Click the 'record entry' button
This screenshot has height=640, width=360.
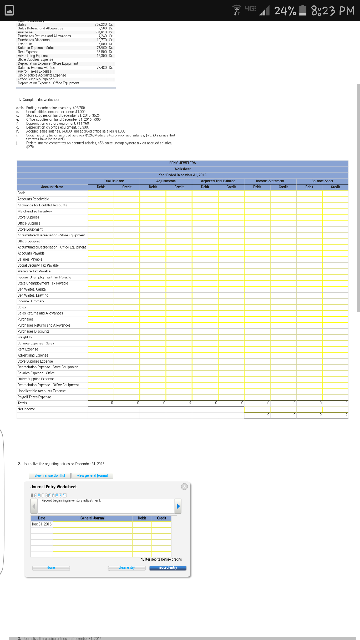point(168,568)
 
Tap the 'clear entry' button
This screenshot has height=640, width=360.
point(127,568)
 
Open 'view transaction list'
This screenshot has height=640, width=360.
point(50,476)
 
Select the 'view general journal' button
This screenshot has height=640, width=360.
point(92,476)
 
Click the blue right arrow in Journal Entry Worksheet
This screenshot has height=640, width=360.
point(178,506)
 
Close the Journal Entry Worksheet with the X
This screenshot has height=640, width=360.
point(185,486)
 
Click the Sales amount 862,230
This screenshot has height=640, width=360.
point(101,24)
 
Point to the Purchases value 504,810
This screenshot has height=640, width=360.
point(101,32)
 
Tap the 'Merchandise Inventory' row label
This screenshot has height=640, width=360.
point(35,211)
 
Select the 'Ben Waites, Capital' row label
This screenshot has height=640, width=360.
point(32,289)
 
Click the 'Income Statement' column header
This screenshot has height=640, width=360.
point(270,181)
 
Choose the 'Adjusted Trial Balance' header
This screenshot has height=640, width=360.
point(218,181)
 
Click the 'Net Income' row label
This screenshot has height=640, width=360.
point(26,409)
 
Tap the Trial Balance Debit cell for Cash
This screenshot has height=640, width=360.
point(101,193)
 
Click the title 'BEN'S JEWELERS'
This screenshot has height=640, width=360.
point(182,163)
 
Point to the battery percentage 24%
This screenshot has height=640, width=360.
point(285,11)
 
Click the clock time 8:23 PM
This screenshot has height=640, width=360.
point(333,11)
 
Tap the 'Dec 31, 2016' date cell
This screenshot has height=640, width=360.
point(42,524)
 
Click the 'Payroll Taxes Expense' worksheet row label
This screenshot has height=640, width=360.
point(34,397)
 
